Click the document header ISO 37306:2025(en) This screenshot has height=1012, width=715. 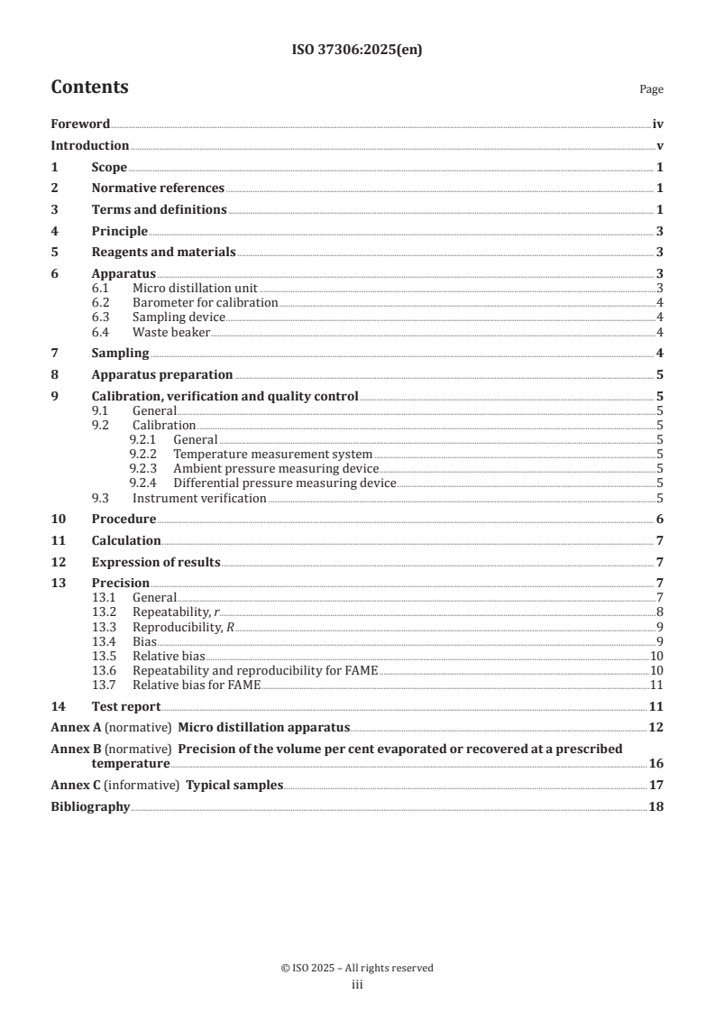357,51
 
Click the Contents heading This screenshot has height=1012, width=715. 89,87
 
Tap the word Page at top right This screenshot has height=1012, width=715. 651,90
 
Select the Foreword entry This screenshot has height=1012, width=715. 80,124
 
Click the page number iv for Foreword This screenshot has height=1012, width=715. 658,124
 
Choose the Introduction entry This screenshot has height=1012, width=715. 90,146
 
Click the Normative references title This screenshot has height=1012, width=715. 158,189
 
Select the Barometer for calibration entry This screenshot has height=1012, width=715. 205,302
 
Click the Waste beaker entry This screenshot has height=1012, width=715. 170,333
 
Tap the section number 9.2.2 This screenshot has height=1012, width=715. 142,454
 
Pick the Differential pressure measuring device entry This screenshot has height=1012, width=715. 284,483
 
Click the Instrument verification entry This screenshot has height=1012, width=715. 198,498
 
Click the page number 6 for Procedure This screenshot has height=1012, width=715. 660,520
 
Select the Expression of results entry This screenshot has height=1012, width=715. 156,563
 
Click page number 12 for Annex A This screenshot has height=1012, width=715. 656,727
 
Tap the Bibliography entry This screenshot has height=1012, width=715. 90,806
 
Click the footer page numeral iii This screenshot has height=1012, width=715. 357,985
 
